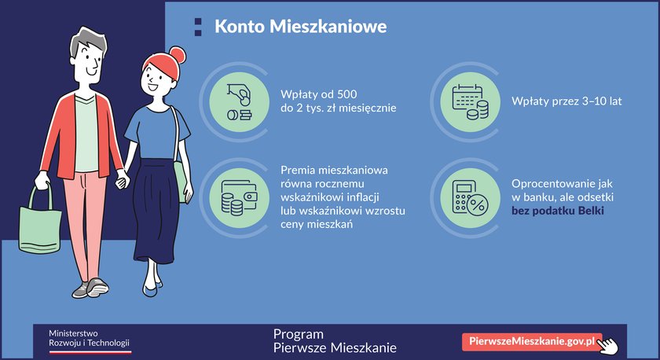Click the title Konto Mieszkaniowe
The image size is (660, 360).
pyautogui.click(x=300, y=26)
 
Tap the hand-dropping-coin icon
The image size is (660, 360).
pyautogui.click(x=239, y=102)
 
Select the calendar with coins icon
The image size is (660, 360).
pyautogui.click(x=470, y=102)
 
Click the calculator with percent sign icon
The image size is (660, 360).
pyautogui.click(x=470, y=198)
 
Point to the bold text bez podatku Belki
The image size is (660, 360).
pyautogui.click(x=558, y=211)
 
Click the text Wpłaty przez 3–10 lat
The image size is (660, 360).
pyautogui.click(x=566, y=101)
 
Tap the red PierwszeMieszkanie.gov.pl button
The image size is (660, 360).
pyautogui.click(x=532, y=341)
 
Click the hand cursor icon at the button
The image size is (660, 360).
pyautogui.click(x=608, y=346)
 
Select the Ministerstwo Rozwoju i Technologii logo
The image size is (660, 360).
pyautogui.click(x=90, y=341)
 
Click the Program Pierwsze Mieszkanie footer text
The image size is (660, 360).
pyautogui.click(x=335, y=340)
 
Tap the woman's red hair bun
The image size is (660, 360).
pyautogui.click(x=178, y=54)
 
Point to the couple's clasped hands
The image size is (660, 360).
pyautogui.click(x=123, y=179)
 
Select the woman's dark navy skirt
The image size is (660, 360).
pyautogui.click(x=154, y=211)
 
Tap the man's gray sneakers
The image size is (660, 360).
pyautogui.click(x=91, y=288)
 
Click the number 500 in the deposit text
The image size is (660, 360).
pyautogui.click(x=346, y=94)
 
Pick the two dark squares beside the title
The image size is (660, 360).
pyautogui.click(x=198, y=27)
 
